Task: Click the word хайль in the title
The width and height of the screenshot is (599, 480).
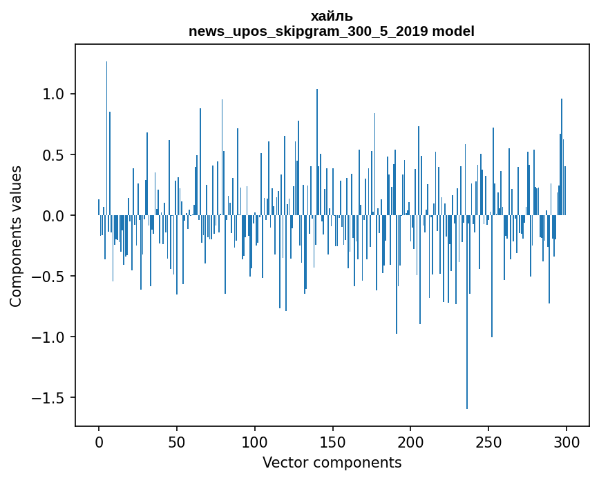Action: pos(332,17)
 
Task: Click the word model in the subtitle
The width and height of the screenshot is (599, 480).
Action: pos(453,31)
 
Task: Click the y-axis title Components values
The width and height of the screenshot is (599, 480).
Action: pos(16,237)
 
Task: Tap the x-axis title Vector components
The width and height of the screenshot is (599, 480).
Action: pos(332,463)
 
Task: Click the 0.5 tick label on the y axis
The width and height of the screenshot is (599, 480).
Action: pos(53,154)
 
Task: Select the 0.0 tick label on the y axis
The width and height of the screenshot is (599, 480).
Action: pos(53,216)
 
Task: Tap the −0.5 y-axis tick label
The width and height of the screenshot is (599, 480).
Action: pos(48,277)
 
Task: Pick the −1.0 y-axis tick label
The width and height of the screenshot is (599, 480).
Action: pos(48,337)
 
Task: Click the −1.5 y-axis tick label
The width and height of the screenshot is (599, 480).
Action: pos(48,398)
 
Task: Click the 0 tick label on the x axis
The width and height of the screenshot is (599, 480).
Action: pos(99,442)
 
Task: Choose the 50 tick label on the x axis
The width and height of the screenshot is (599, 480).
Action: pos(176,442)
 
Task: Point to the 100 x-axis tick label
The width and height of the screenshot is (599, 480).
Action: pos(254,442)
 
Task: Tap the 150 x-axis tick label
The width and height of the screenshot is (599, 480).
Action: pos(332,442)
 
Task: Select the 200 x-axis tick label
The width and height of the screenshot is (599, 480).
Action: pos(410,442)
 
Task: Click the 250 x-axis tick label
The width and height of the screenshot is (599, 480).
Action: pos(488,442)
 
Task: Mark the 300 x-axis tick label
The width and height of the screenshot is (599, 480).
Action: pos(566,442)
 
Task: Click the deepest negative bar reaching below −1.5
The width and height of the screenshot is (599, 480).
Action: pos(467,312)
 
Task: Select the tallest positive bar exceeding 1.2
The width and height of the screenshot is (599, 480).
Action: pos(106,139)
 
